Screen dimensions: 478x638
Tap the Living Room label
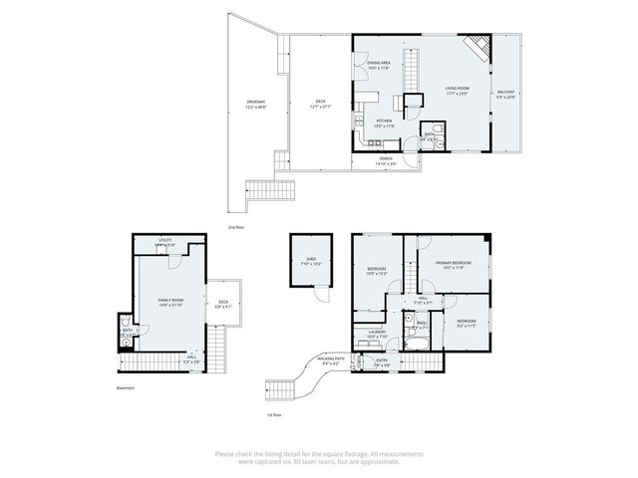click(457, 91)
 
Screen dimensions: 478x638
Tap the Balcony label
click(506, 95)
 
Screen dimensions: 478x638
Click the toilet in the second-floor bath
click(437, 141)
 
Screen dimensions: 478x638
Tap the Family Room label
click(170, 302)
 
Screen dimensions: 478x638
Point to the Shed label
click(311, 261)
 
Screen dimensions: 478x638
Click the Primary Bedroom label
click(452, 265)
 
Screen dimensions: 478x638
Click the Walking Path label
click(331, 361)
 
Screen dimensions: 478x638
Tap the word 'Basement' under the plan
click(125, 388)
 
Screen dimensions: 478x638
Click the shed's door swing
click(321, 293)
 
